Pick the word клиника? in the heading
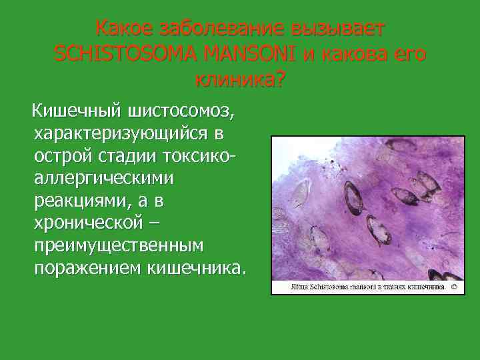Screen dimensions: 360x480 (239, 80)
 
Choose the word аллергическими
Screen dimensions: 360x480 (103, 178)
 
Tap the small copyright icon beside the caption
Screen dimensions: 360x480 (453, 287)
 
